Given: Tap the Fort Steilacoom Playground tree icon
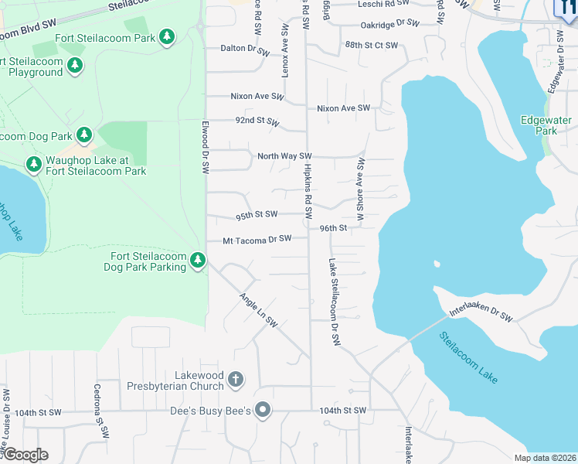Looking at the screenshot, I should click(x=75, y=66).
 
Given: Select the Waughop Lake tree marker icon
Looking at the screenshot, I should click(x=33, y=164).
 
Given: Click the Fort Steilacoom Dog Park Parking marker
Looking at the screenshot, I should click(x=198, y=261).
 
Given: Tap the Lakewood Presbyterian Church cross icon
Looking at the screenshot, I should click(x=236, y=380).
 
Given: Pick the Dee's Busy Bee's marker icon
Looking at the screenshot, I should click(x=263, y=410).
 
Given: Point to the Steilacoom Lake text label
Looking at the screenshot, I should click(x=468, y=357).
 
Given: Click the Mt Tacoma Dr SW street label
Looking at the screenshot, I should click(x=257, y=240).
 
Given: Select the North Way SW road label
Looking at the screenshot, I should click(x=284, y=156).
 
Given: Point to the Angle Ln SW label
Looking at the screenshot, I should click(x=257, y=310).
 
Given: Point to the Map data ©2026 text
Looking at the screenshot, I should click(x=544, y=458).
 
